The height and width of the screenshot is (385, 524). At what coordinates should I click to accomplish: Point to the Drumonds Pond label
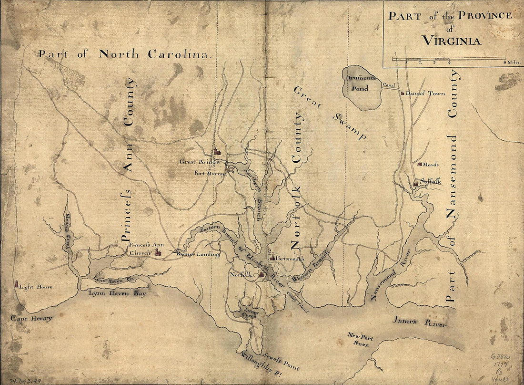click(x=361, y=83)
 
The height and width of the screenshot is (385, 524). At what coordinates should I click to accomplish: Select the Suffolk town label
click(x=430, y=181)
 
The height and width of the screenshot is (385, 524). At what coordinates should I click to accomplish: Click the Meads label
click(x=430, y=165)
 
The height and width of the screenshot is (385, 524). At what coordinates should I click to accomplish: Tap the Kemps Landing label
click(x=197, y=254)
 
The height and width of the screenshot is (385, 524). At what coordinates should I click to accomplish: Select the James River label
click(x=419, y=322)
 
